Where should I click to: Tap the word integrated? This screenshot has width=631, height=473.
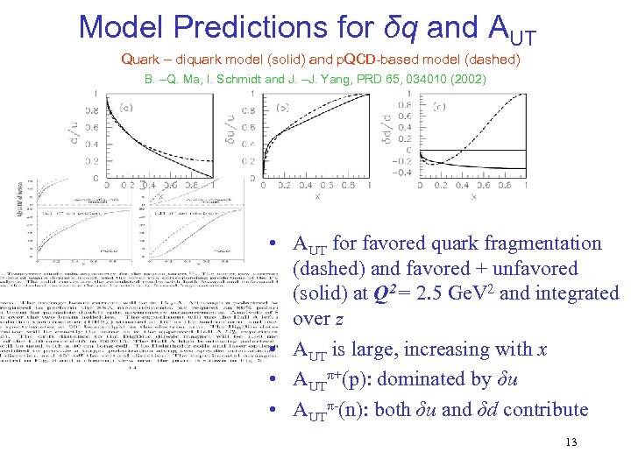(x=574, y=293)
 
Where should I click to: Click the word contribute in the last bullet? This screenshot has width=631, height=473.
(x=544, y=409)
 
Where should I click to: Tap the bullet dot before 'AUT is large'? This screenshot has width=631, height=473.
(x=275, y=349)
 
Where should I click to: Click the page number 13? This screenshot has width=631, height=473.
(x=571, y=441)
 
